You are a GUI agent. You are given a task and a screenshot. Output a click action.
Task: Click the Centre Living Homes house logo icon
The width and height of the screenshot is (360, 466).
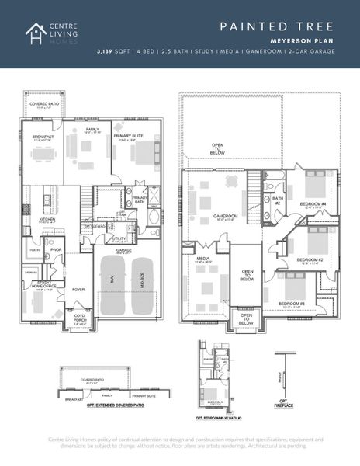(35, 33)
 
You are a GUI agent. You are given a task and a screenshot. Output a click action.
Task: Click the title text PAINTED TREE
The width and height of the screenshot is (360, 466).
(276, 26)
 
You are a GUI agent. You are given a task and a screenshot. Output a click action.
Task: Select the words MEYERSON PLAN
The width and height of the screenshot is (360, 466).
(303, 40)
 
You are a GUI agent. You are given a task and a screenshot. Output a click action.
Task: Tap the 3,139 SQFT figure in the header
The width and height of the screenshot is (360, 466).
(112, 50)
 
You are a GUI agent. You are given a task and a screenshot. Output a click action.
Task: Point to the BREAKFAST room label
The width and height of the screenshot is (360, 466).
(43, 137)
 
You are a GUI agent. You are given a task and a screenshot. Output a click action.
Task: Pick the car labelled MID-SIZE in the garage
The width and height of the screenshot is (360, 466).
(142, 277)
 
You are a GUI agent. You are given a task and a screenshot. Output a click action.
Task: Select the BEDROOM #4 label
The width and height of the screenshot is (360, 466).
(312, 205)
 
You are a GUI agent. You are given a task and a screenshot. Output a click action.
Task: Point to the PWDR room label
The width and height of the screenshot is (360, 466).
(56, 250)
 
